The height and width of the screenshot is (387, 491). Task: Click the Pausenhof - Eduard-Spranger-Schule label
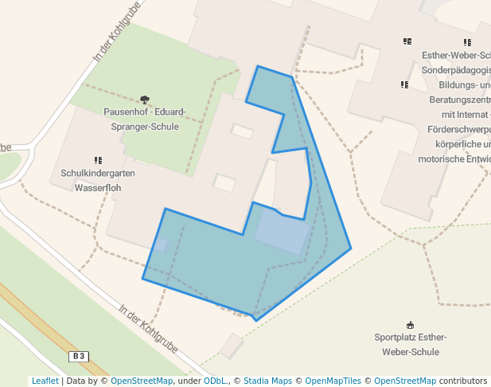pyautogui.click(x=145, y=119)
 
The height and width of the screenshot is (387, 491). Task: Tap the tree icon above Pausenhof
pyautogui.click(x=144, y=100)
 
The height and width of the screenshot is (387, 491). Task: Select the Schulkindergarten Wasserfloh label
pyautogui.click(x=98, y=181)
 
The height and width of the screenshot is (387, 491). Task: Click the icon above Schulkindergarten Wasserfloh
pyautogui.click(x=98, y=161)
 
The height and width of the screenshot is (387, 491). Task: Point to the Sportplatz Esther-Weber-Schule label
pyautogui.click(x=410, y=344)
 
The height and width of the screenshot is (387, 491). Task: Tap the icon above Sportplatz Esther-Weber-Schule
pyautogui.click(x=410, y=325)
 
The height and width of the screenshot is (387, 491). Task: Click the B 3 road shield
pyautogui.click(x=78, y=356)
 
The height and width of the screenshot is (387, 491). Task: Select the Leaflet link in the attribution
pyautogui.click(x=45, y=381)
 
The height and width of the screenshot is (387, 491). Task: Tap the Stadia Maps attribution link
pyautogui.click(x=267, y=381)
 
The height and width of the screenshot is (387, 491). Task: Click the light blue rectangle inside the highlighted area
pyautogui.click(x=282, y=233)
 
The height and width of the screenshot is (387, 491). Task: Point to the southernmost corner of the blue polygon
pyautogui.click(x=255, y=320)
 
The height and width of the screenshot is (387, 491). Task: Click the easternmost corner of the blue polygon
pyautogui.click(x=351, y=248)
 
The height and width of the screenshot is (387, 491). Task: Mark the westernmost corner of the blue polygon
pyautogui.click(x=142, y=279)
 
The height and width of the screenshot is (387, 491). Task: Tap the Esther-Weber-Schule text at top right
pyautogui.click(x=457, y=56)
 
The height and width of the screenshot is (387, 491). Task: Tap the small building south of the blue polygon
pyautogui.click(x=232, y=346)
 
